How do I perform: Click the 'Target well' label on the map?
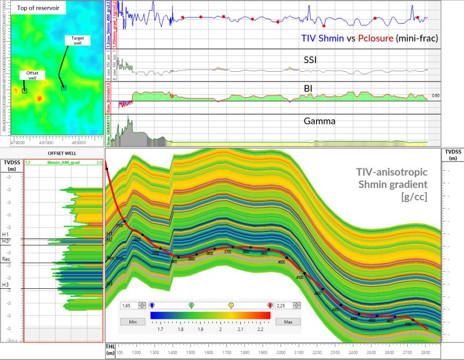click(78, 41)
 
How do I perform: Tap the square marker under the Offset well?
click(24, 90)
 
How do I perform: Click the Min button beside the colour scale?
click(132, 321)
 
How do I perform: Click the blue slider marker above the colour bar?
click(151, 304)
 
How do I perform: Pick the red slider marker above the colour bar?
click(270, 304)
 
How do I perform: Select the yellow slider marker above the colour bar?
click(231, 304)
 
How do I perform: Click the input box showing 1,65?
click(129, 304)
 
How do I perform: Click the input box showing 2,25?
click(284, 304)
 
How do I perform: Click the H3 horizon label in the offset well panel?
click(5, 285)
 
